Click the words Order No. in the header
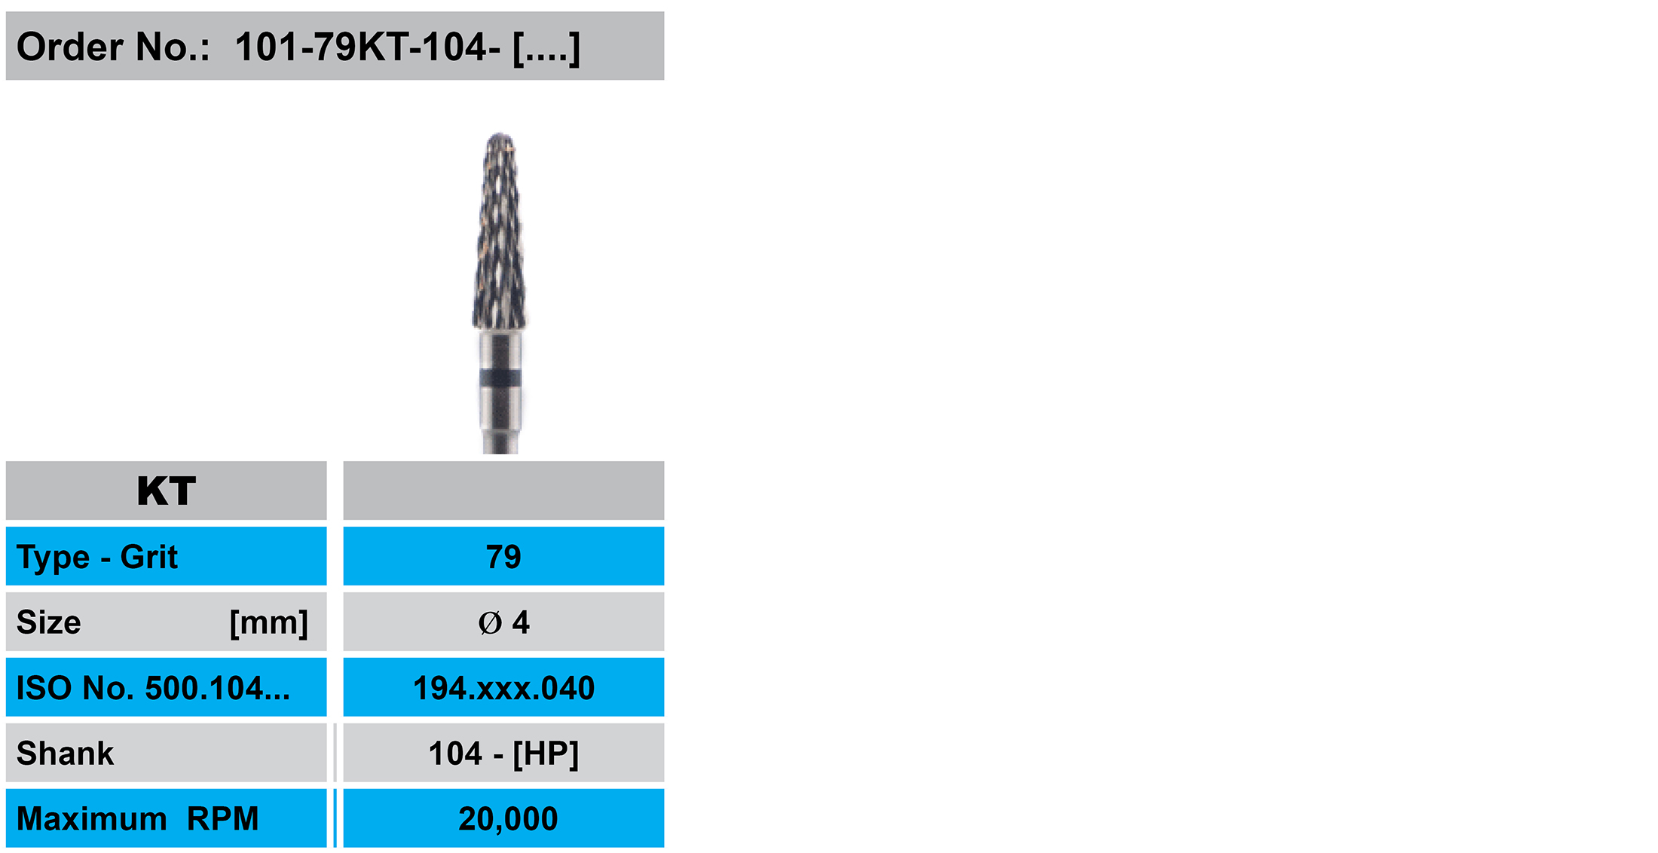pyautogui.click(x=113, y=47)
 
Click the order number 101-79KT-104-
pyautogui.click(x=368, y=47)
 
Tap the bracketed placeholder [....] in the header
pyautogui.click(x=546, y=49)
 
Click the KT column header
pyautogui.click(x=167, y=491)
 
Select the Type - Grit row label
pyautogui.click(x=97, y=558)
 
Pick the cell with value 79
pyautogui.click(x=503, y=557)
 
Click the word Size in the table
pyautogui.click(x=49, y=622)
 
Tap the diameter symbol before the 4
pyautogui.click(x=490, y=623)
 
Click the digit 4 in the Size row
pyautogui.click(x=521, y=622)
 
